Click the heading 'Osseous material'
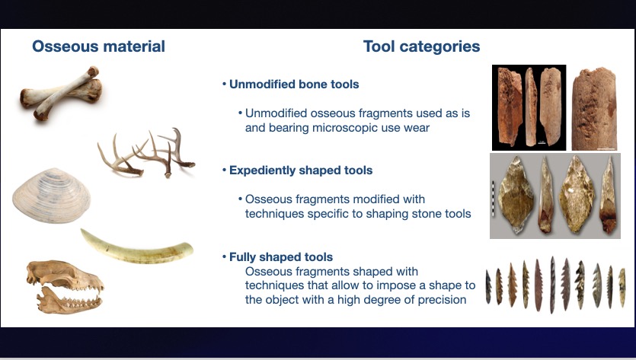[x=98, y=46]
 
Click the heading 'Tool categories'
[x=421, y=46]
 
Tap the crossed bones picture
[x=61, y=94]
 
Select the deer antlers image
[x=146, y=153]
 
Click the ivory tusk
[x=136, y=247]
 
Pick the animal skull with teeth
[x=65, y=287]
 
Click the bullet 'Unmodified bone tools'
[x=290, y=84]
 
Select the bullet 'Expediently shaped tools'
[x=297, y=170]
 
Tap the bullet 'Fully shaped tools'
[x=277, y=257]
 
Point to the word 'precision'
[x=442, y=300]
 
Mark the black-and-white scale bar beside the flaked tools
[x=494, y=199]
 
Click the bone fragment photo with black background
[x=529, y=107]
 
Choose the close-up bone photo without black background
[x=595, y=109]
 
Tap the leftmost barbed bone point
[x=489, y=287]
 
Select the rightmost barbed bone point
[x=622, y=287]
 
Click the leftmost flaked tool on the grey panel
[x=516, y=196]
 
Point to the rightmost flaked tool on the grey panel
[x=608, y=196]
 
